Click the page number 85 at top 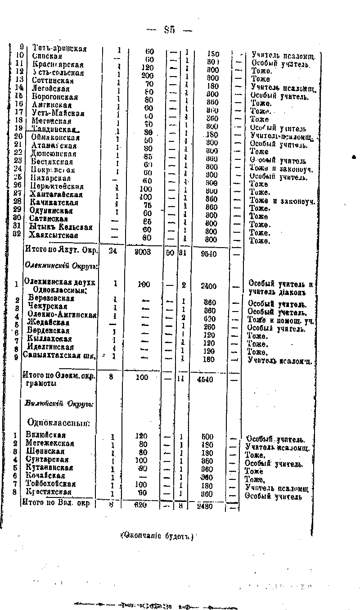(x=169, y=30)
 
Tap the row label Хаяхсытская (x=54, y=235)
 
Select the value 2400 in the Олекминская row (x=208, y=285)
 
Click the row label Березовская (x=51, y=298)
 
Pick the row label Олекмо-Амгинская (x=62, y=314)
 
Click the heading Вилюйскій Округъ (x=59, y=403)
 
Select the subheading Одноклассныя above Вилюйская (x=59, y=423)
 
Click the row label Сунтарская (x=47, y=460)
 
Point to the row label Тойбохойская (x=51, y=484)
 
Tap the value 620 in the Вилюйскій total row (x=141, y=506)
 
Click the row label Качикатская (x=54, y=203)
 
